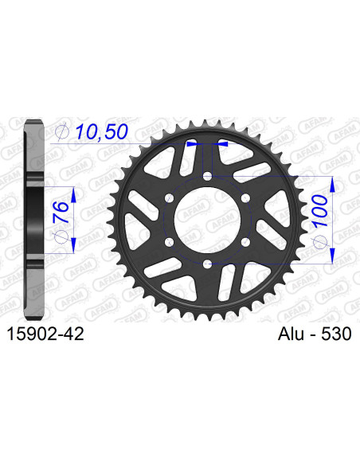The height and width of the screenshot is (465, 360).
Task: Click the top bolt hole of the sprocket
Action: tap(206, 176)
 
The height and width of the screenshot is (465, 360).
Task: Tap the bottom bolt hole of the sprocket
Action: tap(206, 264)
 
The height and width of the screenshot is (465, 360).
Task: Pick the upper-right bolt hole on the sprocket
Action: tap(245, 198)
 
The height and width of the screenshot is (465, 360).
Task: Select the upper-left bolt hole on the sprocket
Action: tap(168, 198)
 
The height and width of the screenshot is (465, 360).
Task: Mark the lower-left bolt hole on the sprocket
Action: tap(168, 242)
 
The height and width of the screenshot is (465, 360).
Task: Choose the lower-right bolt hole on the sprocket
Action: tap(245, 242)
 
